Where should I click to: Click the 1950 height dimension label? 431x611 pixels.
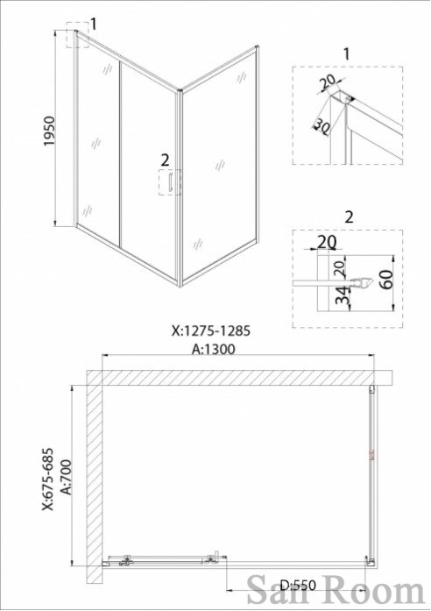click(x=50, y=131)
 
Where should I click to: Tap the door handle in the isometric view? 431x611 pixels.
click(x=171, y=182)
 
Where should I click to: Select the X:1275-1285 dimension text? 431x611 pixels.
click(x=211, y=330)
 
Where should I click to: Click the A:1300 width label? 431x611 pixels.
click(x=214, y=349)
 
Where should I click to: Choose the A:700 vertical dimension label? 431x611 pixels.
click(x=67, y=477)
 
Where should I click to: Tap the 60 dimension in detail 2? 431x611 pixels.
click(x=386, y=279)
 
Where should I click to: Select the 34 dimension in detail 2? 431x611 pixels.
click(x=343, y=295)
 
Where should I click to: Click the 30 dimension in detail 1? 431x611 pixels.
click(x=321, y=125)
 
